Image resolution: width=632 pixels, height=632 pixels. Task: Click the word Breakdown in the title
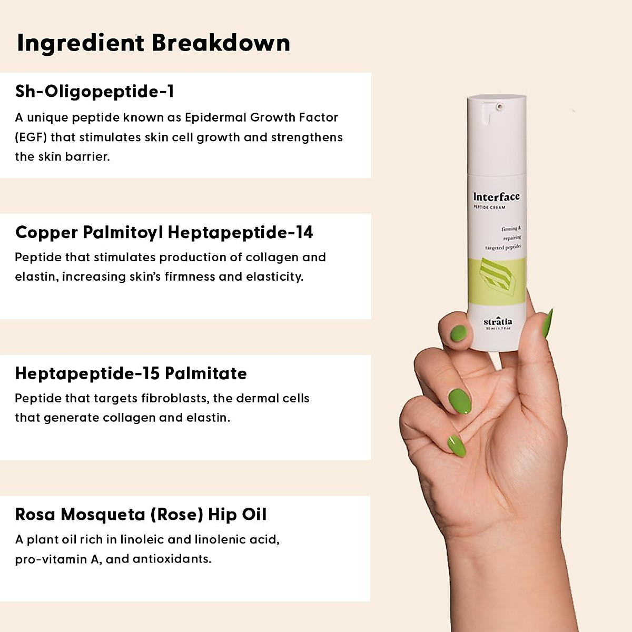(221, 43)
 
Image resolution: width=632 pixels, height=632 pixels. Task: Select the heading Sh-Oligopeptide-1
(95, 92)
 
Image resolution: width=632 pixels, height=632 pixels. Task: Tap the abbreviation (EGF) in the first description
(31, 137)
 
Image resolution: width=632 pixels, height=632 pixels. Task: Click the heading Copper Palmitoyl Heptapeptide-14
(164, 232)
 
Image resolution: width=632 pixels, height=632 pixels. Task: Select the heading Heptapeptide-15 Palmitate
(131, 373)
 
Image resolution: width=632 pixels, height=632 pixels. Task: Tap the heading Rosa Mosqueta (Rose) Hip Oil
(141, 515)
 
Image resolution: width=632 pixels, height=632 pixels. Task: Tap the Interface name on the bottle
(496, 197)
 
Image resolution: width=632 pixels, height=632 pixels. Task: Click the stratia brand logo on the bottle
(497, 321)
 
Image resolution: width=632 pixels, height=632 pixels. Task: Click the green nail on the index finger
(458, 333)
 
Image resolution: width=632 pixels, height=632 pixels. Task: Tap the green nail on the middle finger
(460, 401)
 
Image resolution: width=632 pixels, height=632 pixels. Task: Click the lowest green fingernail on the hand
(457, 446)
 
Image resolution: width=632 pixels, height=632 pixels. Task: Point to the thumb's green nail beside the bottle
(548, 323)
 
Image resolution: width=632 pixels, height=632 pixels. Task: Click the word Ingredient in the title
(80, 43)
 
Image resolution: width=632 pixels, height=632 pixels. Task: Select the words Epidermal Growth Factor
(261, 117)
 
